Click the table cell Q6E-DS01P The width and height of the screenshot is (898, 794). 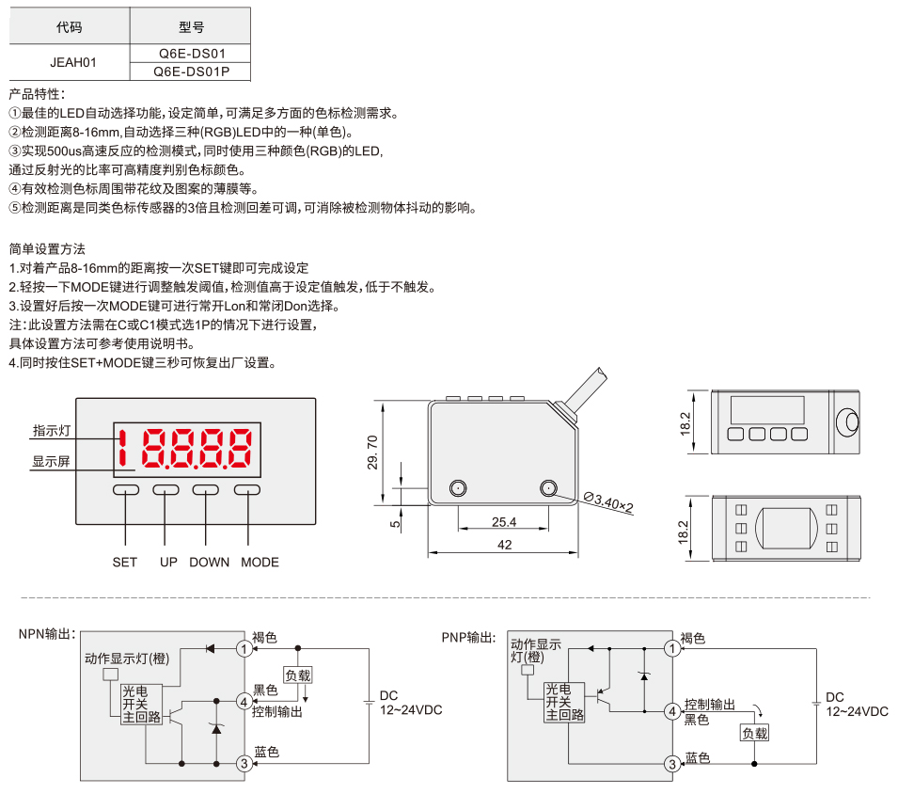[x=191, y=71]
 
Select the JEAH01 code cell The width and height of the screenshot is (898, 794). [x=72, y=62]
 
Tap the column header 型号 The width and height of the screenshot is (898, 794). [x=191, y=26]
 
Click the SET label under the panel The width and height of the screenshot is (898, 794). [x=125, y=562]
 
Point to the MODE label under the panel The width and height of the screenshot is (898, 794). [x=260, y=562]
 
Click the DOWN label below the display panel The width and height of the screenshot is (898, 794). [x=209, y=562]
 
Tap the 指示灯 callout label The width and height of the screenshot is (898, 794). [x=52, y=430]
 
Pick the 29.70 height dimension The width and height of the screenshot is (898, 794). [x=372, y=452]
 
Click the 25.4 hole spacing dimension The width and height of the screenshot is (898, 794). [x=504, y=522]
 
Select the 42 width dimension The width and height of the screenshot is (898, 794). [x=505, y=545]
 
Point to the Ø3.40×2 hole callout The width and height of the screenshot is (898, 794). [x=608, y=502]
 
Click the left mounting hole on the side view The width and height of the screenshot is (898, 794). [x=458, y=488]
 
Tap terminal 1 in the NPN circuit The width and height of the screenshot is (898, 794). [x=244, y=648]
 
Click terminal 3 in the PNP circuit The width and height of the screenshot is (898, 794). [x=672, y=764]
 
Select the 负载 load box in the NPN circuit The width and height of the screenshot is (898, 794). [x=298, y=675]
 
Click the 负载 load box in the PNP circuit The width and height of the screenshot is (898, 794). [x=754, y=733]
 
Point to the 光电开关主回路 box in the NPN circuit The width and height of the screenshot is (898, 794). [x=142, y=704]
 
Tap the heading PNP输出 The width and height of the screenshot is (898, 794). [x=468, y=637]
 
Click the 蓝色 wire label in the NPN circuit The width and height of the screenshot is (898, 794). [x=266, y=752]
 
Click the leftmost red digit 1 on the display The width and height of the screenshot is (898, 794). [x=122, y=448]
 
